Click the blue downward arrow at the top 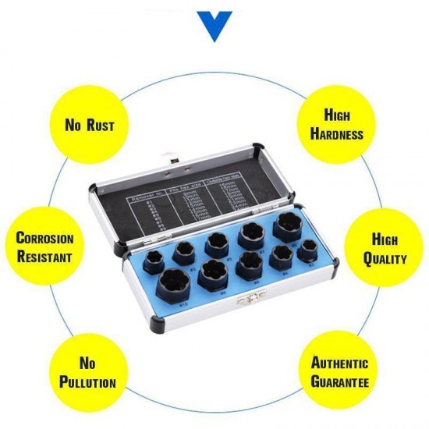coord(214,26)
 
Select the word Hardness coord(337,133)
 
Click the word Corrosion coord(45,239)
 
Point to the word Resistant coord(44,257)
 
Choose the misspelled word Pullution coord(88,382)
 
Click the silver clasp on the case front coord(250,296)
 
